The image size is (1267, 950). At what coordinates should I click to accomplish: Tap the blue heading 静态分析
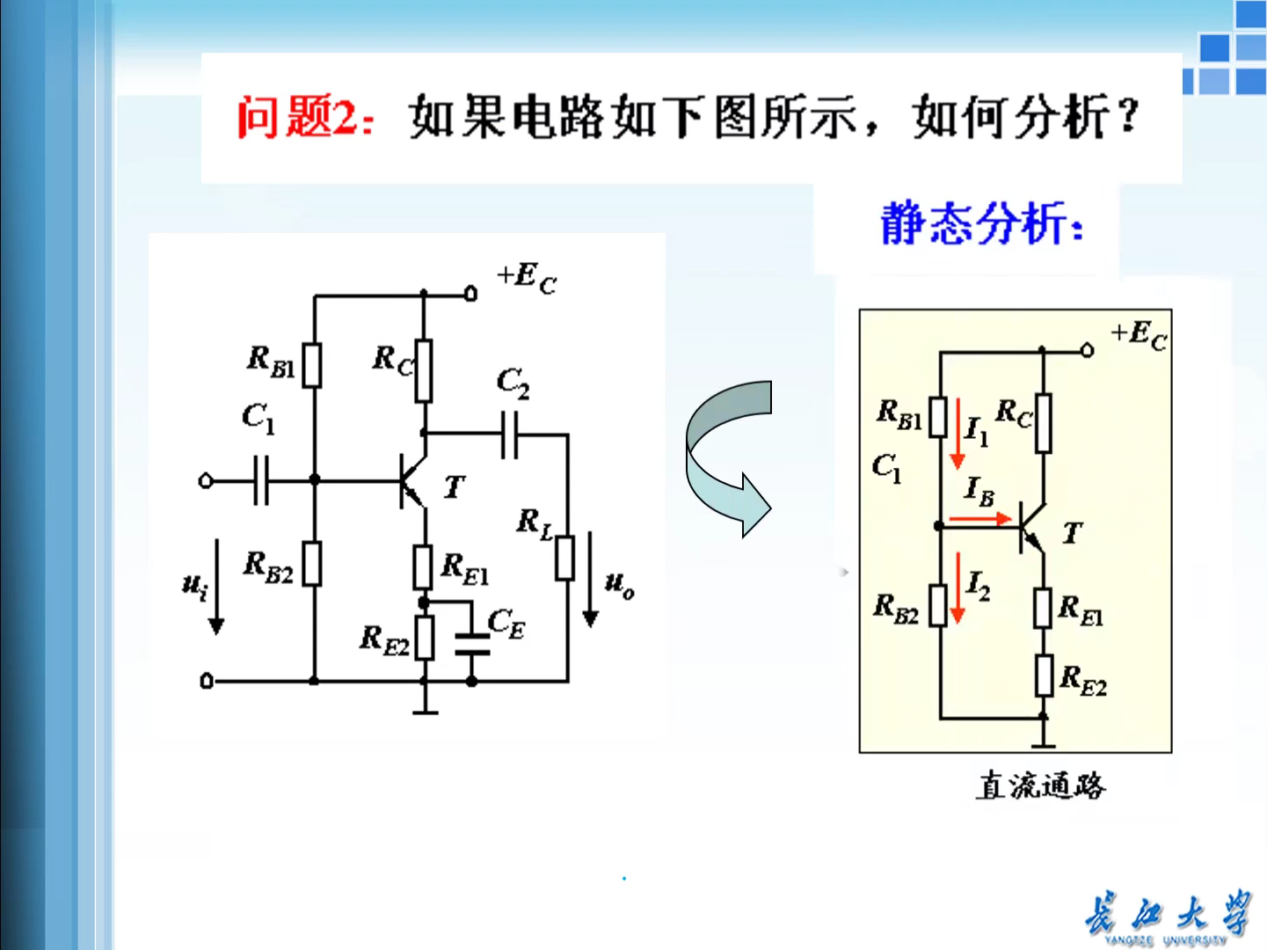point(981,223)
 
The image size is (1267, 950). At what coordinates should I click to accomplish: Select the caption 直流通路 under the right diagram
point(1040,785)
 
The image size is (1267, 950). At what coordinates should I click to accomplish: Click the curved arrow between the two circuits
point(728,458)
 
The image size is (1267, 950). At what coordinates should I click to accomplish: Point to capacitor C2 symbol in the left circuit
point(509,435)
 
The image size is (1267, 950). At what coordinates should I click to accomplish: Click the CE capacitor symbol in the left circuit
point(472,644)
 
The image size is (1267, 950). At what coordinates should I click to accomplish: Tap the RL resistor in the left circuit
point(565,558)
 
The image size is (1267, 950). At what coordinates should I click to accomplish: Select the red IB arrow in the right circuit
point(981,519)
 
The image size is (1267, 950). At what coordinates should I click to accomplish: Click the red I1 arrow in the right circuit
point(958,449)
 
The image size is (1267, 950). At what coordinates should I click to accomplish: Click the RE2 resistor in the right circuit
point(1044,676)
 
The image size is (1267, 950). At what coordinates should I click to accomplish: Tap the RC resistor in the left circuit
point(424,371)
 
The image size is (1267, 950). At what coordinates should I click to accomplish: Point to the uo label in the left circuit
point(619,584)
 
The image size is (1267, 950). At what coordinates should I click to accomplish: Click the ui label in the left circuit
point(194,584)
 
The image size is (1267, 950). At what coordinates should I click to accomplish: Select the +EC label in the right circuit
point(1139,335)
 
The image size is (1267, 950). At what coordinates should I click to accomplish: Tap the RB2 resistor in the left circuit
point(313,564)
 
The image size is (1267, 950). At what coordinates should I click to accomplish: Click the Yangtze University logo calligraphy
point(1166,915)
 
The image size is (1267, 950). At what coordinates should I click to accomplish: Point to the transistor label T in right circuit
point(1072,533)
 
